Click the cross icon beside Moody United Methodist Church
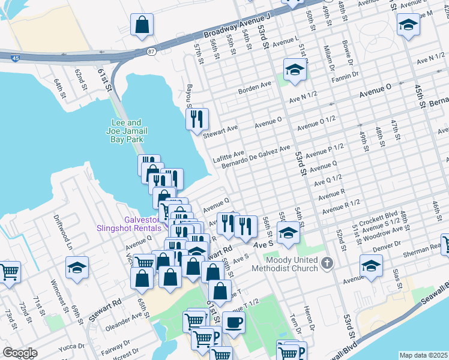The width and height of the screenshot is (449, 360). [x=327, y=263]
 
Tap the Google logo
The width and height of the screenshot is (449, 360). [x=20, y=353]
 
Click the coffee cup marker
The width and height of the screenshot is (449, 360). [x=234, y=322]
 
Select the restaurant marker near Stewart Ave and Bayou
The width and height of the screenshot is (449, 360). [x=197, y=119]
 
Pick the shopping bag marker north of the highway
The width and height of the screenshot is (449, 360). [x=142, y=25]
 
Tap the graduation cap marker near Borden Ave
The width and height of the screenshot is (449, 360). [x=294, y=71]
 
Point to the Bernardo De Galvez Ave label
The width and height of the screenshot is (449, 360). [x=256, y=156]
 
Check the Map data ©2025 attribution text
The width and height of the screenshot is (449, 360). [x=424, y=355]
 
